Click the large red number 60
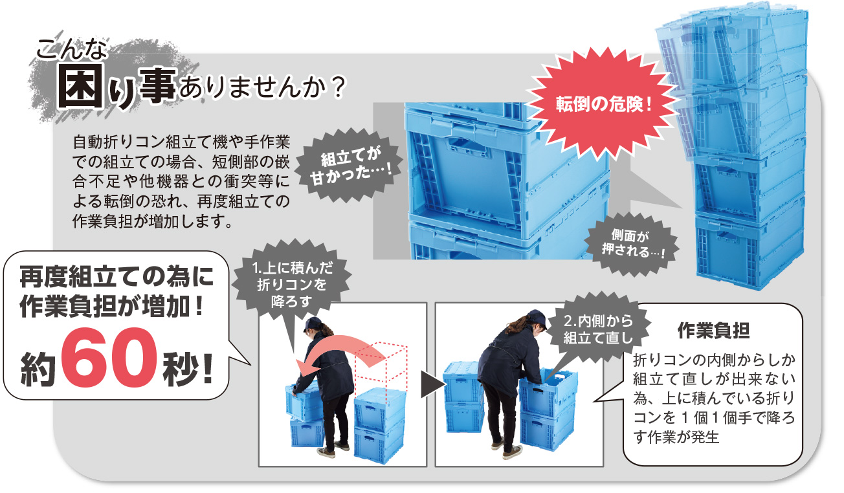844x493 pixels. point(109,357)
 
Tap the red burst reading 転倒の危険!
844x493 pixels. point(603,104)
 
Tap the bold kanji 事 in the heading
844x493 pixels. point(156,86)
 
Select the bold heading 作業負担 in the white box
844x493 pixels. point(713,331)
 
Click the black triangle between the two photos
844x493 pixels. point(432,384)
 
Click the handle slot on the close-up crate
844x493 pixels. point(467,146)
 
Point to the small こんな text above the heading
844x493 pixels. point(72,49)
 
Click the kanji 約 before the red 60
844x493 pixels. point(38,368)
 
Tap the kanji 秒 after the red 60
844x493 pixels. point(180,368)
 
